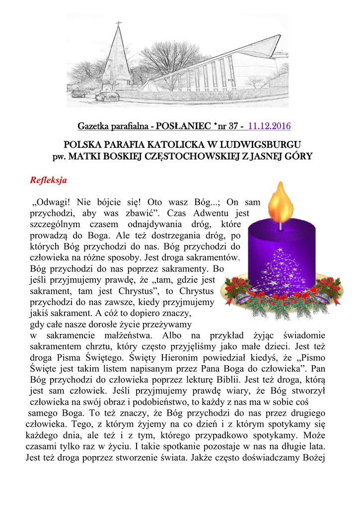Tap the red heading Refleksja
(x=49, y=180)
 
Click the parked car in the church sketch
(x=107, y=96)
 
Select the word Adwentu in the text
(x=212, y=214)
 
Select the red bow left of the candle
(x=235, y=284)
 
